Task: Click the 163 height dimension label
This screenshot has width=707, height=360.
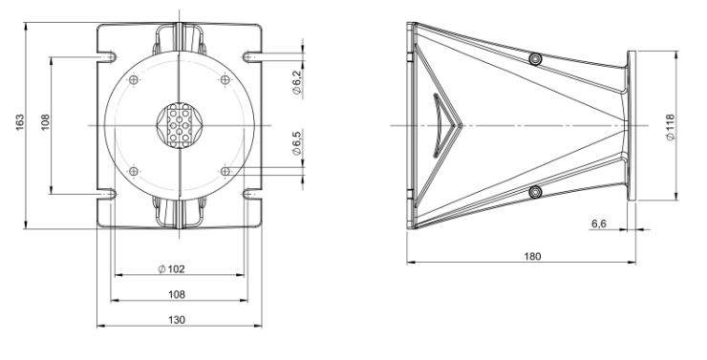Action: click(x=20, y=123)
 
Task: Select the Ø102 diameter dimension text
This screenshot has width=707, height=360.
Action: click(x=172, y=269)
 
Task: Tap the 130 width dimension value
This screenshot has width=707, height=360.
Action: click(x=177, y=320)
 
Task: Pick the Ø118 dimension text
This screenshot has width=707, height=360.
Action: click(x=671, y=127)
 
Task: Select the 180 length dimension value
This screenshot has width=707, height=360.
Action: click(x=532, y=256)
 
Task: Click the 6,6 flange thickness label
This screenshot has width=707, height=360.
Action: click(x=599, y=223)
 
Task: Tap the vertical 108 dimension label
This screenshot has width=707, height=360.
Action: click(x=45, y=122)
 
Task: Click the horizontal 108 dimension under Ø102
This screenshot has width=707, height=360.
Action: click(x=177, y=295)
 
